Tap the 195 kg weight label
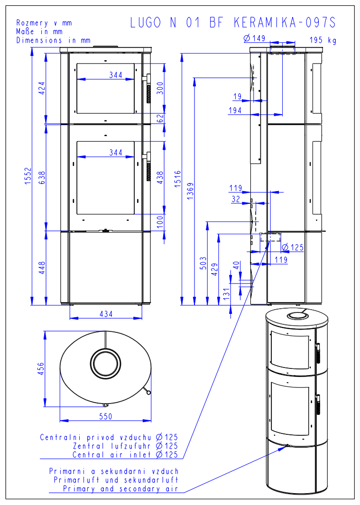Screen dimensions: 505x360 [323, 40]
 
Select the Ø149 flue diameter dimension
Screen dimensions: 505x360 [253, 38]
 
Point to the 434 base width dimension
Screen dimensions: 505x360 [106, 313]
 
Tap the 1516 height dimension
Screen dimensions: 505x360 [177, 180]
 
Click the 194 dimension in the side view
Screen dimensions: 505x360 [234, 110]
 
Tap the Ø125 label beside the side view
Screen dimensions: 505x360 [292, 247]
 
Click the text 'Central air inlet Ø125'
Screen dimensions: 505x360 [125, 455]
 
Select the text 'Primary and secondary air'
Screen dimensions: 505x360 [120, 489]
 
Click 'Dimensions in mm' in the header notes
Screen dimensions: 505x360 [53, 40]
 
